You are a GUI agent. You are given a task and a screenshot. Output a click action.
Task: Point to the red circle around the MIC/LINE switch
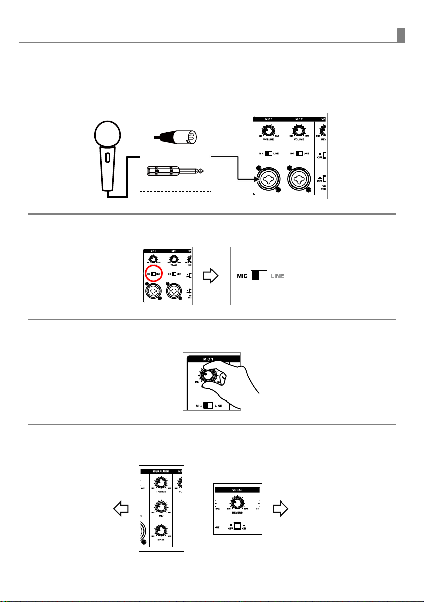pyautogui.click(x=153, y=273)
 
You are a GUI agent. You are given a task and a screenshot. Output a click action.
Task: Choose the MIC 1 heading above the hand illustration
pyautogui.click(x=206, y=359)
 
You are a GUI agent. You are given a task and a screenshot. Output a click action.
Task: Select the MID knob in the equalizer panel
pyautogui.click(x=161, y=507)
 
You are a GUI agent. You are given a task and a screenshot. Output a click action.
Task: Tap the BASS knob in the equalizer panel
pyautogui.click(x=161, y=530)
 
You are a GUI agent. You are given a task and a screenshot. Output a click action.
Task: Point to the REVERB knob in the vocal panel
pyautogui.click(x=236, y=503)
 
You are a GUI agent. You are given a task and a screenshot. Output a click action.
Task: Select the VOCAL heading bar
pyautogui.click(x=237, y=490)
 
